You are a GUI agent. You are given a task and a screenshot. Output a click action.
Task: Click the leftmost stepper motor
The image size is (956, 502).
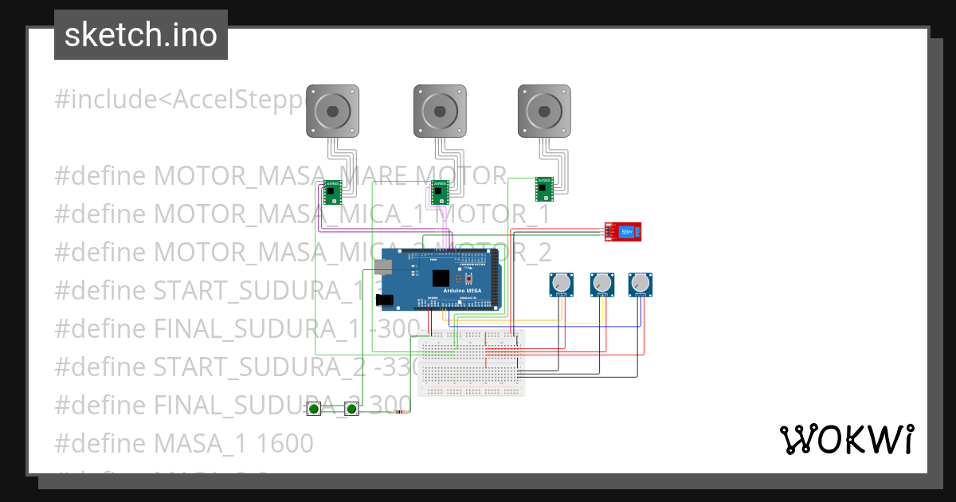(x=333, y=110)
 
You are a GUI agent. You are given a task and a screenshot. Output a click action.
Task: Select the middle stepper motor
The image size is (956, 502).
(x=439, y=110)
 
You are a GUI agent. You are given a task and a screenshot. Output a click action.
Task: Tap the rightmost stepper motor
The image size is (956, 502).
(x=545, y=110)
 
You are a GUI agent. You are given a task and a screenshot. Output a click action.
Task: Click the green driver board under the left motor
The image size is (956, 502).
(x=332, y=192)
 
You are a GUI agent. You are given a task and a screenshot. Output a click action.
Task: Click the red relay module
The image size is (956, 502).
(x=622, y=232)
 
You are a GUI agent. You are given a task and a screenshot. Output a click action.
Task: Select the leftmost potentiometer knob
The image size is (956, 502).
(x=562, y=283)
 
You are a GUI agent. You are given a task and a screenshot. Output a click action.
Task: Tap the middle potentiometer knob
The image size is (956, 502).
(x=601, y=283)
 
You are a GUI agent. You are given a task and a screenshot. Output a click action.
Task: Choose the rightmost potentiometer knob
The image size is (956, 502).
(x=641, y=283)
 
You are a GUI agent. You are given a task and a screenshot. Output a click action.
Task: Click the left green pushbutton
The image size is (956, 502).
(x=315, y=409)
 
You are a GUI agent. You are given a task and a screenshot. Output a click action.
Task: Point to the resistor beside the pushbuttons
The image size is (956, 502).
(x=401, y=412)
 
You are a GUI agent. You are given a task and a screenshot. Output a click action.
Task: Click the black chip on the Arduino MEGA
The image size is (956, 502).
(x=441, y=278)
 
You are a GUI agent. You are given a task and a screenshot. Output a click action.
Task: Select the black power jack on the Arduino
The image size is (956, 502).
(x=385, y=300)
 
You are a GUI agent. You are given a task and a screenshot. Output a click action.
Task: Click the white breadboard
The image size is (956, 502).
(x=472, y=363)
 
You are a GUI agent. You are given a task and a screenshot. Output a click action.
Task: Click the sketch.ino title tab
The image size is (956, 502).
(x=141, y=35)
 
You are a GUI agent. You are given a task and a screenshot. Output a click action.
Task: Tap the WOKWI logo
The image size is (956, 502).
(x=846, y=439)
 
